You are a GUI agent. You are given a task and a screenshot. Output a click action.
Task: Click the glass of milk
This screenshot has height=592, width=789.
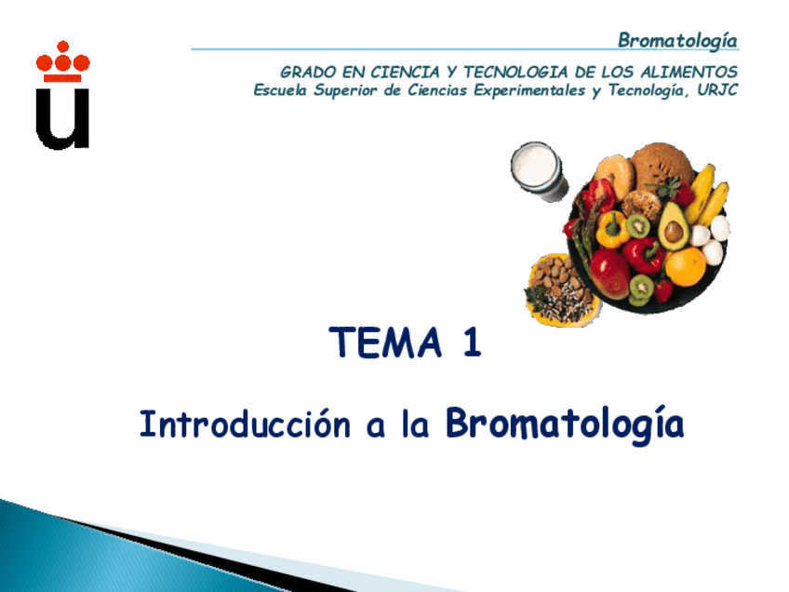click(x=538, y=170)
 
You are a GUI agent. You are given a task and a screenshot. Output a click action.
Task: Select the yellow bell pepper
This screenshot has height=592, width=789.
click(x=611, y=229)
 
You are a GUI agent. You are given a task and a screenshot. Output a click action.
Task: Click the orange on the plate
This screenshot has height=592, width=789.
click(x=686, y=267)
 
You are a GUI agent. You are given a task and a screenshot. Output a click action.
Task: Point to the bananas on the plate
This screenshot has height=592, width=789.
click(x=706, y=196)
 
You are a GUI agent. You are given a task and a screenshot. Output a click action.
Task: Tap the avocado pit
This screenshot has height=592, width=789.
click(x=674, y=233)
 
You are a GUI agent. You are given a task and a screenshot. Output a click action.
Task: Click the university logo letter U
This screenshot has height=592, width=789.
click(x=62, y=116)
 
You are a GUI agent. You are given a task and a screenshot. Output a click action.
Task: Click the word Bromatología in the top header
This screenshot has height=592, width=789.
click(x=677, y=40)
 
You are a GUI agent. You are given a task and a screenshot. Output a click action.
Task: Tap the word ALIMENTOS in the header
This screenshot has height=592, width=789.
click(x=689, y=72)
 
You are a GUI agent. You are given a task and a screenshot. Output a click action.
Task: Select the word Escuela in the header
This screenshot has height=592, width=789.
click(x=283, y=90)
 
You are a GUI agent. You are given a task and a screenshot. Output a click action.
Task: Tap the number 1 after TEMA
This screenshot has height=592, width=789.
click(x=471, y=343)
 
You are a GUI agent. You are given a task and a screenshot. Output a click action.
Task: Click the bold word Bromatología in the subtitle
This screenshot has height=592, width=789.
click(x=565, y=424)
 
